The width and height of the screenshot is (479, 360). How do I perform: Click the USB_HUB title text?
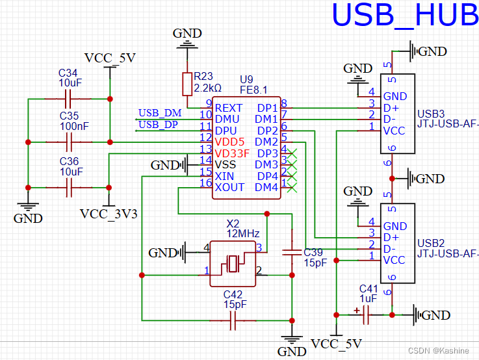tap(405, 16)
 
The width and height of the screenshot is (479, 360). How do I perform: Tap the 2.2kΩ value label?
tap(208, 87)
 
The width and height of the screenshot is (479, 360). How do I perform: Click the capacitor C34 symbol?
tap(68, 99)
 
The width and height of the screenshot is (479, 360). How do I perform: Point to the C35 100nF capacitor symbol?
tap(68, 142)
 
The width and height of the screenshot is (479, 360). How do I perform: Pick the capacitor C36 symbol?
tap(68, 188)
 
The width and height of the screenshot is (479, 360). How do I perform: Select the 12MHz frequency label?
tap(243, 233)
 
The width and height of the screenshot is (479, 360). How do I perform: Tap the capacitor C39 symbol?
tap(293, 252)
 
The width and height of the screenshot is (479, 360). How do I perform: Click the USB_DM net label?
tap(160, 114)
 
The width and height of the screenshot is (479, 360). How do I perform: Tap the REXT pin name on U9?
tap(229, 108)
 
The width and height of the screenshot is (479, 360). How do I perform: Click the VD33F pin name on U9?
tap(232, 153)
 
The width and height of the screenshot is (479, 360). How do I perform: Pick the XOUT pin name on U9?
tap(229, 187)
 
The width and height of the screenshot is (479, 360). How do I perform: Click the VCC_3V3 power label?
tap(109, 214)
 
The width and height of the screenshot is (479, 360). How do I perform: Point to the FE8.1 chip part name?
tap(254, 89)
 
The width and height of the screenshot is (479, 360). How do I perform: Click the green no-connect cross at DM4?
tap(292, 187)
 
